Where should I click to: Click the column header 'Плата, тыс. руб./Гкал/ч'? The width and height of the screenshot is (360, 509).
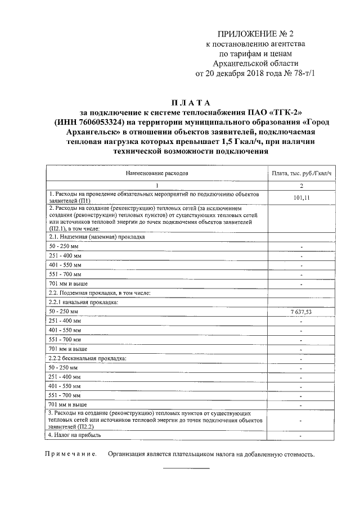point(301,174)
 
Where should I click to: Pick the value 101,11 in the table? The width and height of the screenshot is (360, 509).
point(301,197)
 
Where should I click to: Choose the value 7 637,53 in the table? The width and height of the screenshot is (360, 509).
point(301,311)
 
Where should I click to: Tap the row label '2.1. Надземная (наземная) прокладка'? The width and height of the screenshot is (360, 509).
point(97,237)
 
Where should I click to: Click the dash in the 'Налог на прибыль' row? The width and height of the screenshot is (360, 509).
point(301,436)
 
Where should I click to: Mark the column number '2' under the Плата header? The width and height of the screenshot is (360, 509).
point(301,185)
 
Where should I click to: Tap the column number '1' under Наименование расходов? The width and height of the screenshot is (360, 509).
point(157,185)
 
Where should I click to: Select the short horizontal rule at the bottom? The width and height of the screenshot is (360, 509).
point(186,468)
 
